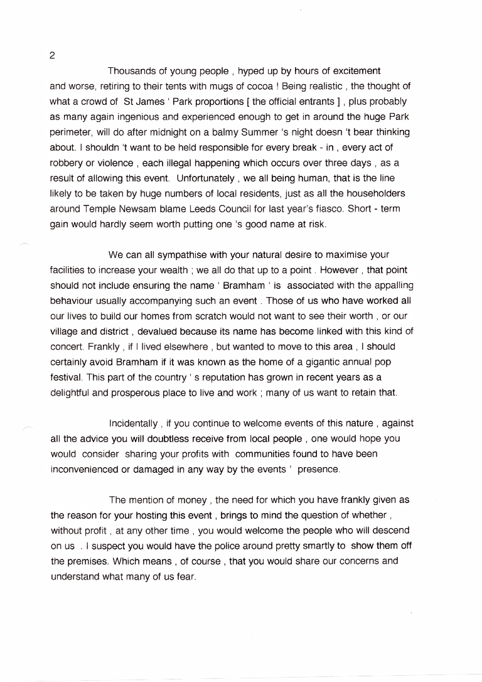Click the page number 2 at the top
click(x=52, y=55)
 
